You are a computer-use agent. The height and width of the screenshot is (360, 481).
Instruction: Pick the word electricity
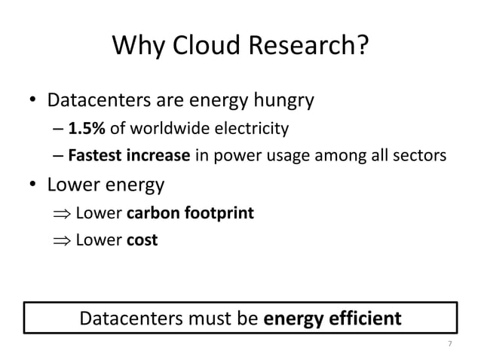click(x=252, y=130)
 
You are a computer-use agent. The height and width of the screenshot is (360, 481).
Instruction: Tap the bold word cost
click(x=142, y=242)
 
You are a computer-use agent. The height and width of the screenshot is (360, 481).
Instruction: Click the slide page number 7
click(x=450, y=344)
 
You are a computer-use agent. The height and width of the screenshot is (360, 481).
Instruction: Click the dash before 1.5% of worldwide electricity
click(x=59, y=130)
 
